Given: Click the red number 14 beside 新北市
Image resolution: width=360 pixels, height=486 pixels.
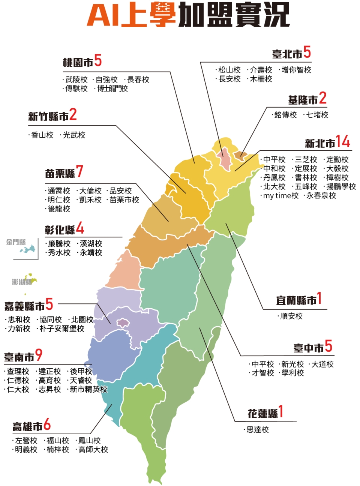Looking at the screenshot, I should coord(343,142).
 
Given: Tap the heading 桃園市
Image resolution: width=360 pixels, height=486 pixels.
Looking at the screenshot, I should coord(78,62).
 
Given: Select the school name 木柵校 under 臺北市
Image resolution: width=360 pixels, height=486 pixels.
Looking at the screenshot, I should coord(261,79).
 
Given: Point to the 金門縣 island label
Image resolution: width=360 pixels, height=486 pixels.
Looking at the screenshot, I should coord(16,242).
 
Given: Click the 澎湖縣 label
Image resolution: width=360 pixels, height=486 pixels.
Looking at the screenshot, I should coord(22,282).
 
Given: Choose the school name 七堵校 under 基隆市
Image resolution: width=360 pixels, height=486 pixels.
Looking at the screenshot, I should coord(317,115).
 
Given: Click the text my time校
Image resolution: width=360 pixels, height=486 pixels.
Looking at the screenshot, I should coord(281,195).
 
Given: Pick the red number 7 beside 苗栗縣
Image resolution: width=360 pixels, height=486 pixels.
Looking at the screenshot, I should coord(79,171).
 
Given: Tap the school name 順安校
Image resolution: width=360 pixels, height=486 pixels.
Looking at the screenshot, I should coord(291,316).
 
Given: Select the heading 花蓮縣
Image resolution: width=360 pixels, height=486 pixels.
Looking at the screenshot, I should coord(262,414).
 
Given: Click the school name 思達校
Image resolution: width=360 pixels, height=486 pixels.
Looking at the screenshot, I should coord(258,430).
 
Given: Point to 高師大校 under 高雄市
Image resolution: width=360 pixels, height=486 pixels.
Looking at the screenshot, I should coord(93,449).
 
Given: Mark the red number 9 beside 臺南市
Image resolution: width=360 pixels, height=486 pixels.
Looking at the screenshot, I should coord(39,355).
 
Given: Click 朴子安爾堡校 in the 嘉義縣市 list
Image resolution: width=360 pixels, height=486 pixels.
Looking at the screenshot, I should coord(62,328).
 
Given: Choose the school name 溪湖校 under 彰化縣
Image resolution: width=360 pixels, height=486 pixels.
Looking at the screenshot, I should coord(91,244).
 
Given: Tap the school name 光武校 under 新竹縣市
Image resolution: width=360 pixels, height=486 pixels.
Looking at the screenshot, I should coord(74,135).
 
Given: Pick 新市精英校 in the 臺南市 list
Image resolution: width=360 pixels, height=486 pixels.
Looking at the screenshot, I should coord(88,389).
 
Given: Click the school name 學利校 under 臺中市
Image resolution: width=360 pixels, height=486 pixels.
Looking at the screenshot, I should coord(292,373).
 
